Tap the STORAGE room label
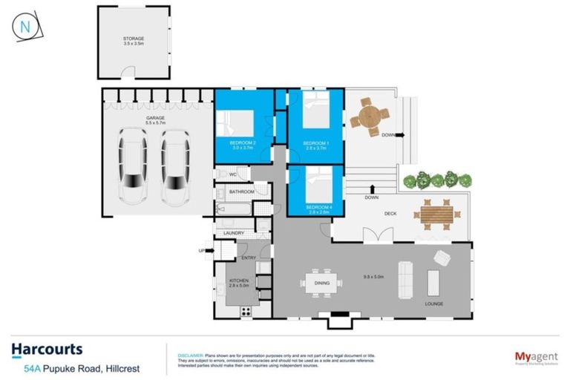(x=134, y=38)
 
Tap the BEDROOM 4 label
(x=315, y=205)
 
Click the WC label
(x=232, y=174)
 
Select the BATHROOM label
(x=242, y=192)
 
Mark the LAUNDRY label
(x=234, y=234)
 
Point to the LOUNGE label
(x=434, y=304)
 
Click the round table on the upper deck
(x=370, y=116)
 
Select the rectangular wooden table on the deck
(x=436, y=214)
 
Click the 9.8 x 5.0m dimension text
(x=373, y=276)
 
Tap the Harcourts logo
(x=47, y=350)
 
